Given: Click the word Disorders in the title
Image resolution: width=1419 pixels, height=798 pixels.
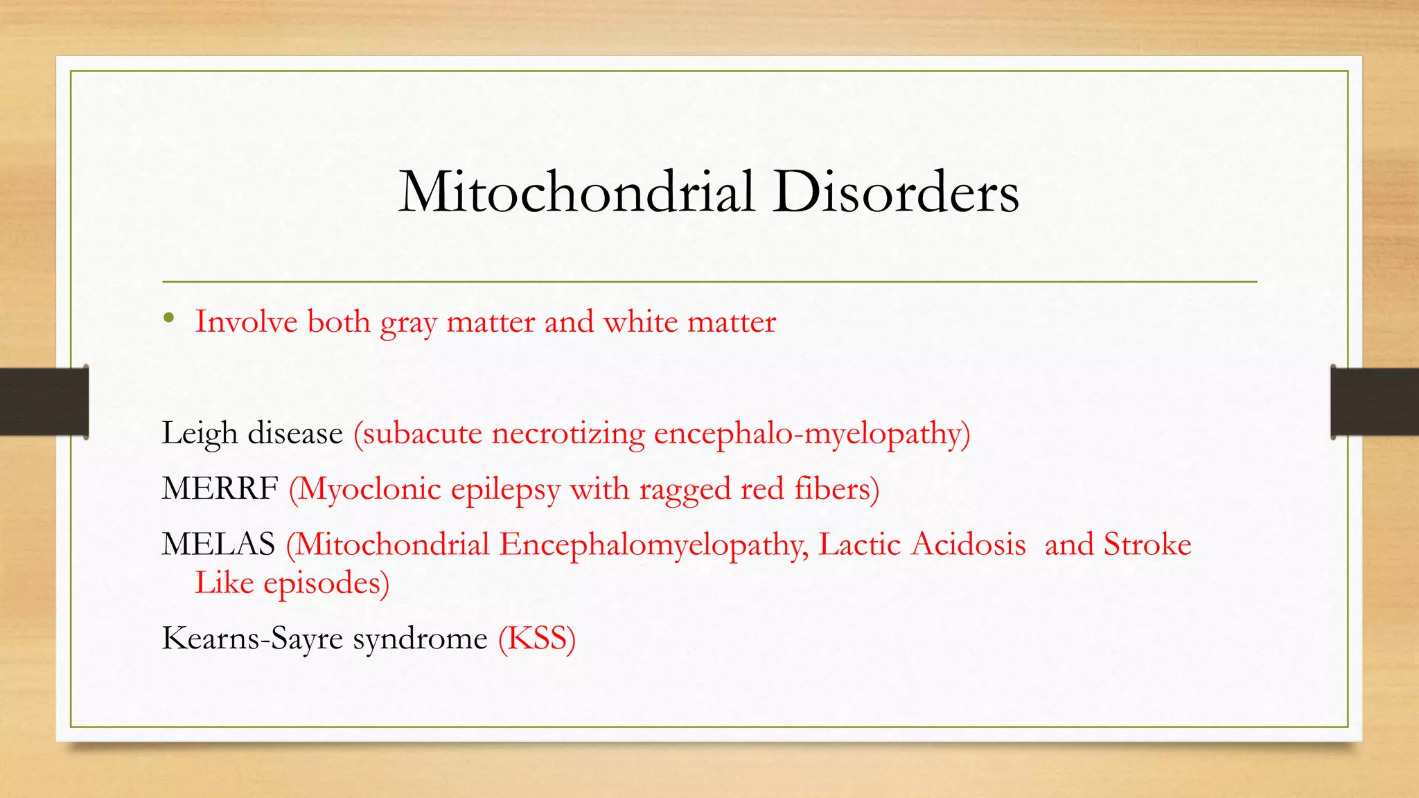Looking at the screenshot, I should (x=896, y=192).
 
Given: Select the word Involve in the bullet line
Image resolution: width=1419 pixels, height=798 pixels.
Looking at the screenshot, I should (x=246, y=322).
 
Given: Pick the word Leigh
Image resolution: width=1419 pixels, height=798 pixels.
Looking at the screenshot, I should (x=200, y=434).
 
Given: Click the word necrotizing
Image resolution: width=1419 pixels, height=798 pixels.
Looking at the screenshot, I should (x=568, y=434).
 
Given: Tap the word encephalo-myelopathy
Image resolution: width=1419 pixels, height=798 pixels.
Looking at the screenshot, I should (x=811, y=434).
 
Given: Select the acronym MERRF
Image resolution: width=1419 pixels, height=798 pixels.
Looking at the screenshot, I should (x=220, y=489).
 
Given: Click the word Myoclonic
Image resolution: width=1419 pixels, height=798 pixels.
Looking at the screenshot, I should (x=369, y=490).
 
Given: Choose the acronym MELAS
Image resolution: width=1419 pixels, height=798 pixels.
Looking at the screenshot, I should (x=218, y=544).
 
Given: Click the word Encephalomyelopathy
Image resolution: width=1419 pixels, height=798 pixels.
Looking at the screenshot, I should (x=653, y=545).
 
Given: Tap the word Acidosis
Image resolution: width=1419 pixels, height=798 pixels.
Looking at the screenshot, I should (x=968, y=544).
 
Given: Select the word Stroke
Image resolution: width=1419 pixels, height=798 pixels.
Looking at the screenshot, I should (x=1147, y=544).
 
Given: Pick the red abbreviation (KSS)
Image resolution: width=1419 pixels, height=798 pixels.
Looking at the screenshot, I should (x=537, y=639).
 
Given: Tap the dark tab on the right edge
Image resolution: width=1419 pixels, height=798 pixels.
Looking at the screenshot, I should (x=1375, y=402).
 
